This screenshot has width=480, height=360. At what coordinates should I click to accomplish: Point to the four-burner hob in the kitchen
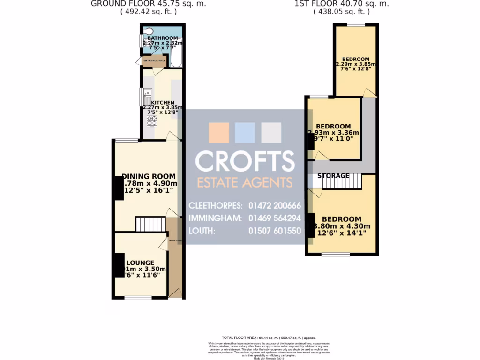click(152, 121)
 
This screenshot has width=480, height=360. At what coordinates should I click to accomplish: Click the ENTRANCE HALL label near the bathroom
click(154, 60)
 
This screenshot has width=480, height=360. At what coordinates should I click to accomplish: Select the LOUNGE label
click(140, 262)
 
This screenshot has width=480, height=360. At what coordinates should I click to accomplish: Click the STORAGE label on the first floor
click(334, 176)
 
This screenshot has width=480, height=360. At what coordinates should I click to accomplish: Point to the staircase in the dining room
click(150, 224)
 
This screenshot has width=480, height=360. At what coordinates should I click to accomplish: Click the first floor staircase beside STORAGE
click(342, 181)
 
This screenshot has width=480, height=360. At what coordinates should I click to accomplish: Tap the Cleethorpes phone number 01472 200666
click(275, 205)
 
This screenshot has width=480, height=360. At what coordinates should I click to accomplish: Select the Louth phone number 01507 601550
click(275, 231)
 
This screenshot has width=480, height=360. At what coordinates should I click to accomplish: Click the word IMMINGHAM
click(215, 218)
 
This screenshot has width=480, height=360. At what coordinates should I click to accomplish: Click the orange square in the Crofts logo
click(218, 133)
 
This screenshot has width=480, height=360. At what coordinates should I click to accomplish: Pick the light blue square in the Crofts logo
click(245, 133)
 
